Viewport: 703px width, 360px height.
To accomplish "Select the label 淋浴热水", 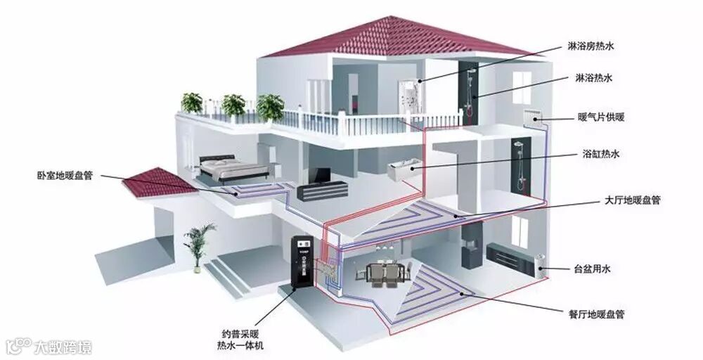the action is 591,78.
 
